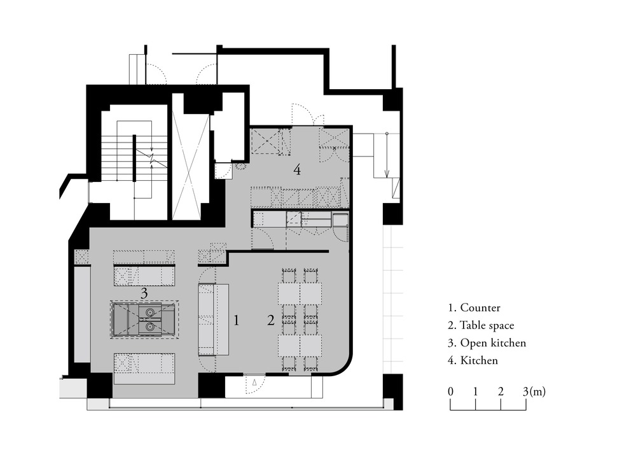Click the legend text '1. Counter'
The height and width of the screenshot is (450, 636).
click(x=474, y=307)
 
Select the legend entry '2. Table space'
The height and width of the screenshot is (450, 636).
click(x=481, y=325)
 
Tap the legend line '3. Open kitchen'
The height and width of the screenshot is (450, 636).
click(x=487, y=343)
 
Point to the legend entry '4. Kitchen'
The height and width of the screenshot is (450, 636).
click(x=473, y=360)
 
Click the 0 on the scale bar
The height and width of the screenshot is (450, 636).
click(x=451, y=391)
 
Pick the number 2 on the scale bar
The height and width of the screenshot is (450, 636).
click(x=501, y=391)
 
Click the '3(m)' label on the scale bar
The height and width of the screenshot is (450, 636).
click(x=534, y=391)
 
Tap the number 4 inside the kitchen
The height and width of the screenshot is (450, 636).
click(x=297, y=170)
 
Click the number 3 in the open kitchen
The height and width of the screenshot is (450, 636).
click(x=144, y=293)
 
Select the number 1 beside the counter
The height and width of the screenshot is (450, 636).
click(x=237, y=321)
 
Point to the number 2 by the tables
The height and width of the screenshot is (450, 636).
click(x=270, y=321)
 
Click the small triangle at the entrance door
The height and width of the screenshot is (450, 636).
click(x=254, y=383)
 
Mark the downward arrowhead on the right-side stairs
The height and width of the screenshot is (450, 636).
click(x=387, y=174)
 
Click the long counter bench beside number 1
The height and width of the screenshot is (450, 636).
click(x=214, y=320)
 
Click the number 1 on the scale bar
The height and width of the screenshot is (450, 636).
click(x=475, y=391)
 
